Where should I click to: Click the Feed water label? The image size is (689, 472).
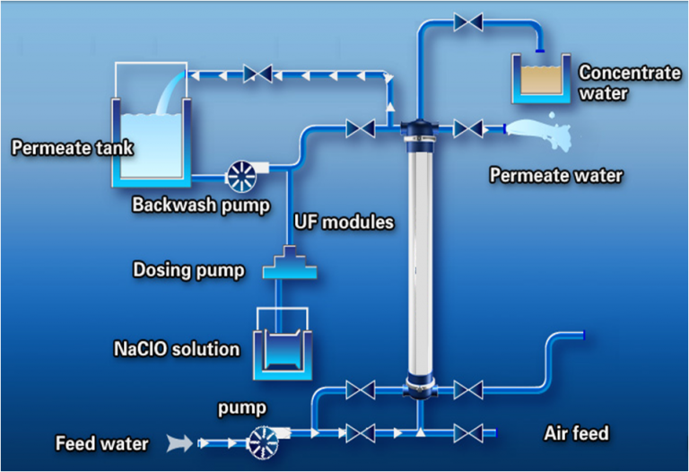point(101,442)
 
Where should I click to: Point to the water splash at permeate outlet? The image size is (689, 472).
point(542,134)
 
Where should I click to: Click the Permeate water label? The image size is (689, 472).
point(555,175)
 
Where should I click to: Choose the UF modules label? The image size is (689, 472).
point(344,222)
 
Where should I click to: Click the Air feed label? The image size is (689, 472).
point(576,434)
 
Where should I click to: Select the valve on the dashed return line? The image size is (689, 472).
point(262,74)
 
